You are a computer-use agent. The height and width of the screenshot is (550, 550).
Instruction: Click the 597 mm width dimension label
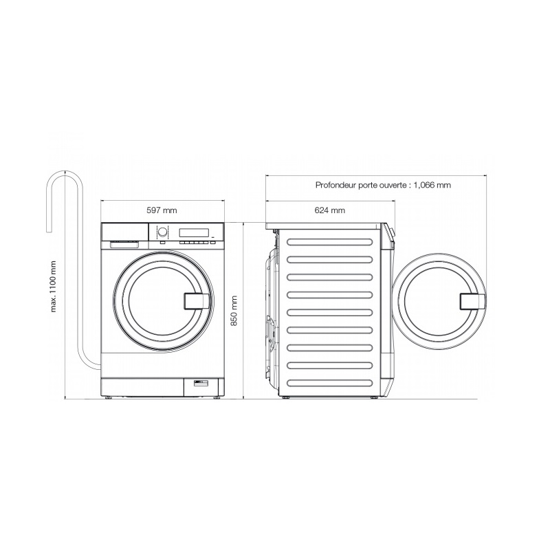tap(162, 210)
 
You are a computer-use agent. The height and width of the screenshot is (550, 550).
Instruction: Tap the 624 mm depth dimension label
tap(330, 210)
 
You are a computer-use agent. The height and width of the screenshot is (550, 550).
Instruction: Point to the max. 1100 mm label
tap(54, 286)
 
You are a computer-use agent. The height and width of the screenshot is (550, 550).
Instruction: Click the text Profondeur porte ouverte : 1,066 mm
tap(383, 185)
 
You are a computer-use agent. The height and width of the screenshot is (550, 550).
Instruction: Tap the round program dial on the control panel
tap(162, 232)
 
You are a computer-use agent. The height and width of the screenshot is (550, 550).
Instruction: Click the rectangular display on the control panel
tap(194, 232)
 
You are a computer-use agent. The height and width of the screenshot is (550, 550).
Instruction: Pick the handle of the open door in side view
tap(472, 301)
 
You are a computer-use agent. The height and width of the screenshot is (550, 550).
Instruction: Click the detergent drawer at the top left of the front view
tap(124, 232)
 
